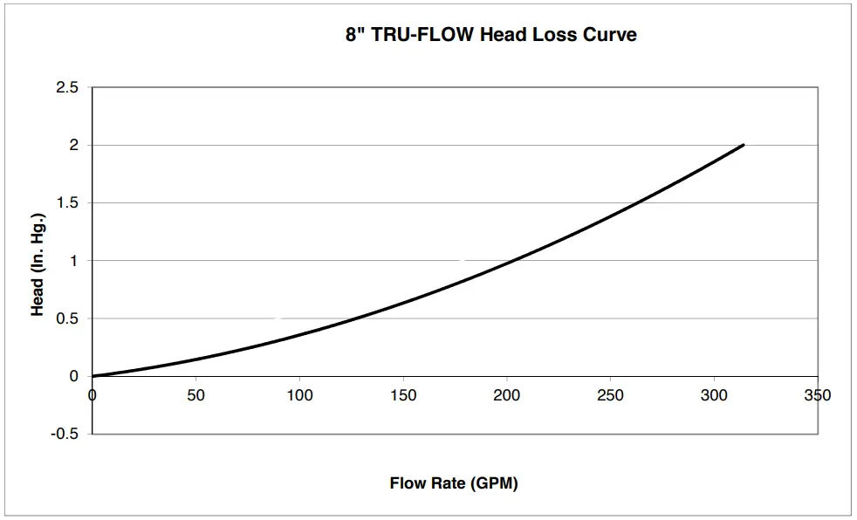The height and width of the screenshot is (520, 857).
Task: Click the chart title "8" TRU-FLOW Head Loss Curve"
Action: tap(490, 36)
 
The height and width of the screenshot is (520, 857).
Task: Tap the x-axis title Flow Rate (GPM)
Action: tap(453, 483)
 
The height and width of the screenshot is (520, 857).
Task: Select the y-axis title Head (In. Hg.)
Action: tap(38, 261)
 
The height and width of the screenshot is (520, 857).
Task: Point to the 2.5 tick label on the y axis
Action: tap(67, 87)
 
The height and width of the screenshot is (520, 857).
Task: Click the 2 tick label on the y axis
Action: tap(74, 145)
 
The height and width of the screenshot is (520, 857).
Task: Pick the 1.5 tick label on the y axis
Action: tap(67, 203)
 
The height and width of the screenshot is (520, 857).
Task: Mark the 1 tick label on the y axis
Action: tap(74, 261)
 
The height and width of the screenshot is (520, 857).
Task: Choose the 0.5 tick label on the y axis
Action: tap(67, 318)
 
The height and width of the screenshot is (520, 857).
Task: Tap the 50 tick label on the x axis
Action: tap(195, 395)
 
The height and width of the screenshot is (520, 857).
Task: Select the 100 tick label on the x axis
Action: tap(299, 395)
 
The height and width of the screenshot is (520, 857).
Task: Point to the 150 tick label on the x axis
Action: tap(403, 395)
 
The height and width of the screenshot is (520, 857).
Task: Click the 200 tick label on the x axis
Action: tap(506, 395)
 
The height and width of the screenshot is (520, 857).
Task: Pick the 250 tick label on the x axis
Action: tap(610, 395)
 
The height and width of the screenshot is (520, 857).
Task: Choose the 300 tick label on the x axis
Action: tap(714, 395)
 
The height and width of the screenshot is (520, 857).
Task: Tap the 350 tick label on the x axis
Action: tap(818, 395)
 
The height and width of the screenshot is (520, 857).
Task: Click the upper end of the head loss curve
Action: tap(743, 145)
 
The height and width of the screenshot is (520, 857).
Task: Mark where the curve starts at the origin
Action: tap(93, 376)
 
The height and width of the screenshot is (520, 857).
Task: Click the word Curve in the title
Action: tap(612, 36)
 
